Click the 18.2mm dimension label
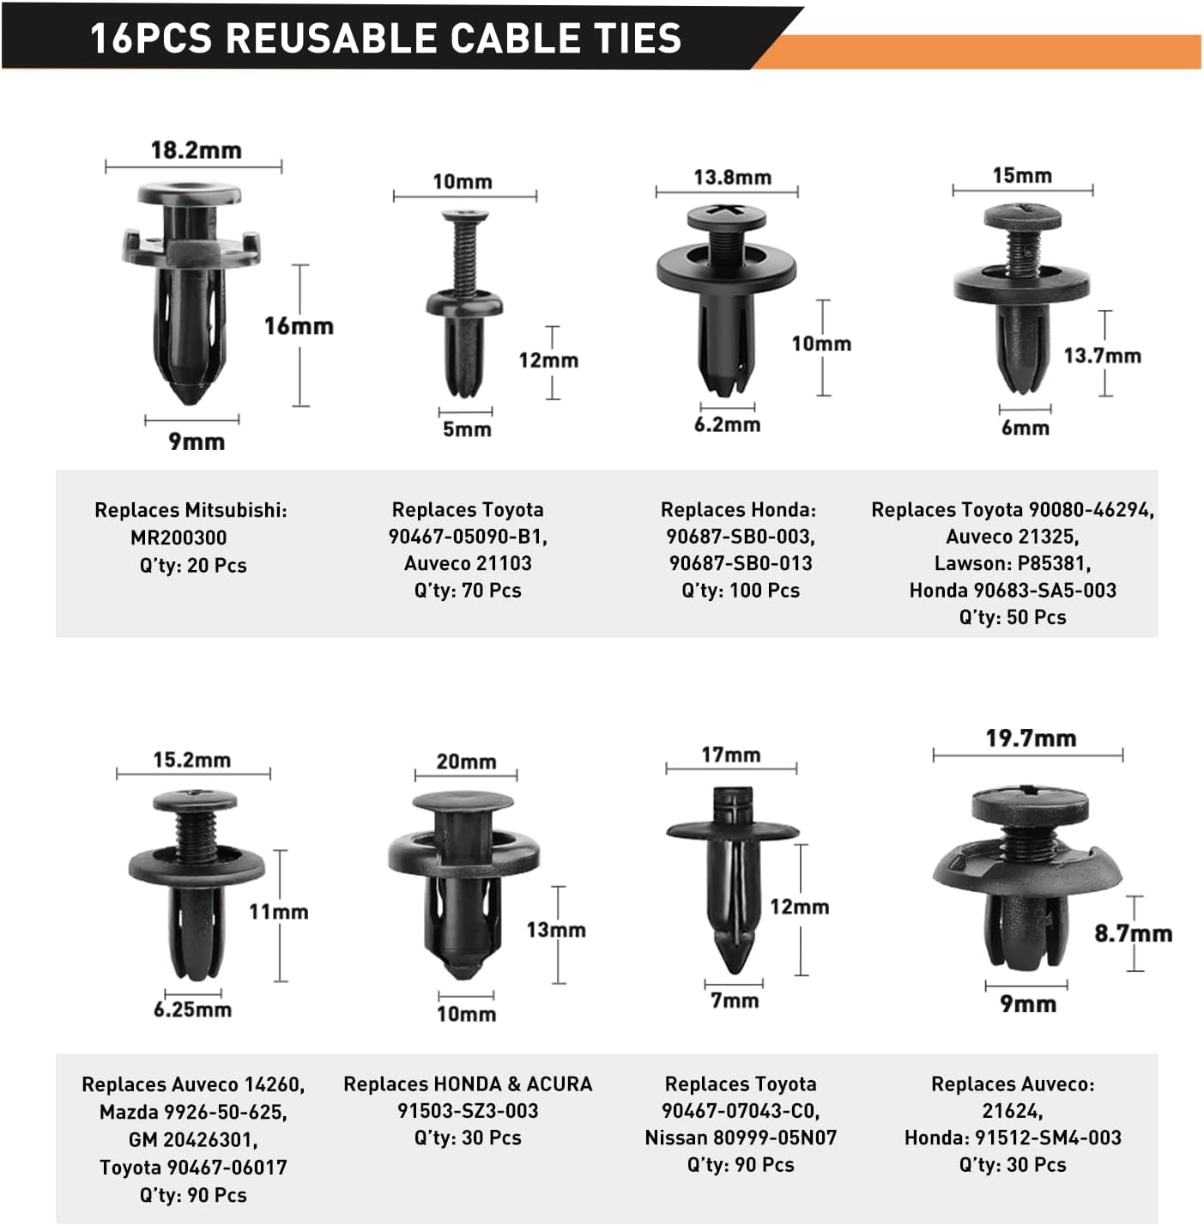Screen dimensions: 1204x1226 196,151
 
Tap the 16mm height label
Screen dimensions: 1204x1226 299,326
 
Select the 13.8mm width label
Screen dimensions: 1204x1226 732,178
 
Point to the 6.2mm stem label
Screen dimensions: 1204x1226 727,424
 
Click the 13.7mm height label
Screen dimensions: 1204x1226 1102,355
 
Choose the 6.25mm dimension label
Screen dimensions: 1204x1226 192,1009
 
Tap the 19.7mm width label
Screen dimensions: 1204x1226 1031,738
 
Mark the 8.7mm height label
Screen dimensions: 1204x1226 1133,933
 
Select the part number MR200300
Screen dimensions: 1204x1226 178,537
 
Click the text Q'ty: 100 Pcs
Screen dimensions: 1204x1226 741,591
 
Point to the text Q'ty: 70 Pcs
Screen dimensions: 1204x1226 468,591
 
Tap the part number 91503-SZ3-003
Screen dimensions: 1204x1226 468,1111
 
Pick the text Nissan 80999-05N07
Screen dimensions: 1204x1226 741,1138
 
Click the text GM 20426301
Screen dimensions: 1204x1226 193,1139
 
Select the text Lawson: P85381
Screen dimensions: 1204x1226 1012,564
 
